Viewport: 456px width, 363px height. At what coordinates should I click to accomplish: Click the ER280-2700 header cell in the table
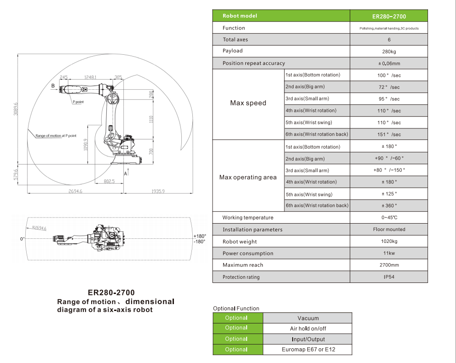pos(389,16)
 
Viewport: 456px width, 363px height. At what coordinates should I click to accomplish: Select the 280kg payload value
pos(389,52)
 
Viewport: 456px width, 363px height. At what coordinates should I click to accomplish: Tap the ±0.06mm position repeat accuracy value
pos(389,63)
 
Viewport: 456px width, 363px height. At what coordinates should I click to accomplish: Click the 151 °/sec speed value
pos(389,134)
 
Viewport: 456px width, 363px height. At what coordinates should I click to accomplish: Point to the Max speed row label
pos(248,103)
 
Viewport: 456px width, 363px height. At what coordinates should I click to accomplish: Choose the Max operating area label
pos(248,177)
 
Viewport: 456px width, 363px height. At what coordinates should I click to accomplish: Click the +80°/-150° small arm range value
pos(389,170)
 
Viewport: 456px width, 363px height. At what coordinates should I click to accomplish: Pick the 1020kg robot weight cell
pos(389,242)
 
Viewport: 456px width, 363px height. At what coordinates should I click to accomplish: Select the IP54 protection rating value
pos(389,277)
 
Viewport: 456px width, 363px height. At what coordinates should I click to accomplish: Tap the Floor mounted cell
pos(389,230)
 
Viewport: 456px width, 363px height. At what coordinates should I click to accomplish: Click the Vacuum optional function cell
pos(308,318)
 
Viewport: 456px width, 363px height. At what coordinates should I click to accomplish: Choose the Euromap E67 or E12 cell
pos(308,350)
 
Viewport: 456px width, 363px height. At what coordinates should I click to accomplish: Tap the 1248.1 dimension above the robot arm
pos(90,77)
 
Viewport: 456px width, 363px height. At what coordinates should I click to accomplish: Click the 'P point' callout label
pos(77,102)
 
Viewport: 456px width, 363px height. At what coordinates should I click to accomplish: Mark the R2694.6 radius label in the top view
pos(39,228)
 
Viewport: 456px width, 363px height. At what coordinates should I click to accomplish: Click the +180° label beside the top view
pos(200,236)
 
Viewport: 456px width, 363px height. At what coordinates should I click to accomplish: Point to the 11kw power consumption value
pos(389,254)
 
